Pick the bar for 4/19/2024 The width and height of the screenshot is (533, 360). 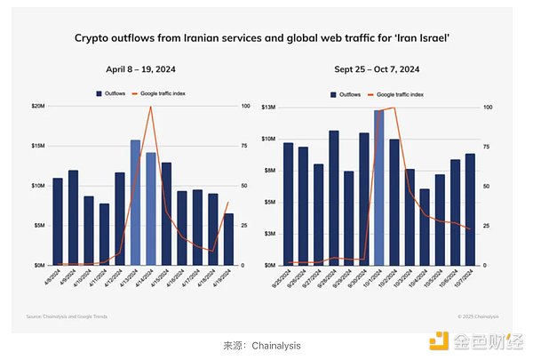pos(229,239)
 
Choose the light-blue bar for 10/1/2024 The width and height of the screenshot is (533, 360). pos(379,188)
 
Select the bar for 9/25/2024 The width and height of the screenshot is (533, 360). pos(288,204)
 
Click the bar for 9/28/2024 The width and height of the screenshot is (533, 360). pos(333,198)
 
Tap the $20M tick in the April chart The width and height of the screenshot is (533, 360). pos(38,107)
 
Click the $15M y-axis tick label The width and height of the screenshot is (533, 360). pos(38,146)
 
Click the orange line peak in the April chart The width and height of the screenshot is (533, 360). pos(151,108)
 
